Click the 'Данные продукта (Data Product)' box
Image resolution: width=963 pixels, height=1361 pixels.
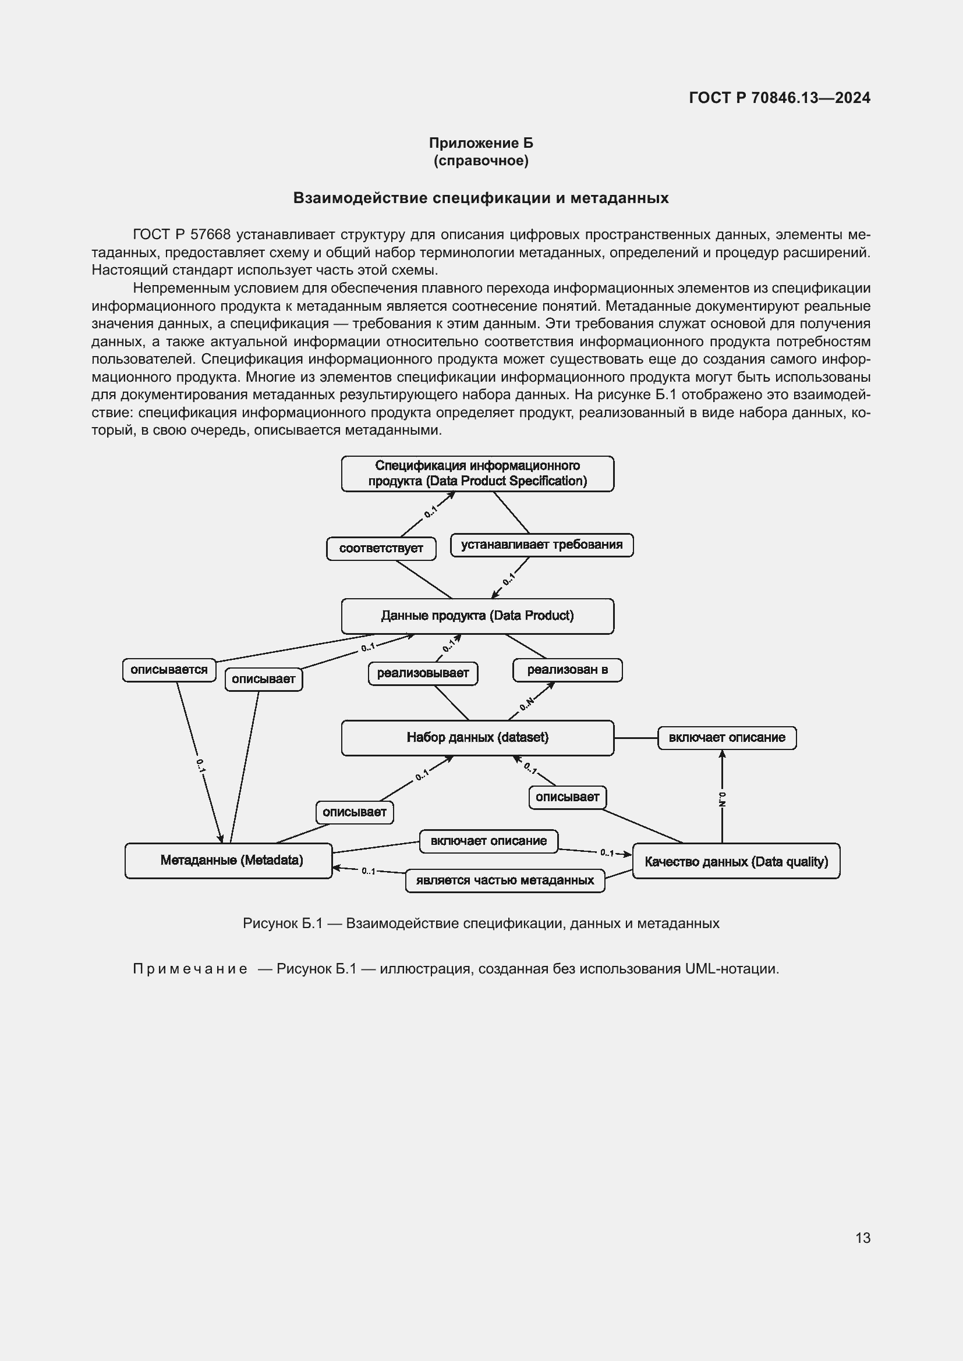(x=477, y=616)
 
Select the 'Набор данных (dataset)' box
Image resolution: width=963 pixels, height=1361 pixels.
(x=477, y=737)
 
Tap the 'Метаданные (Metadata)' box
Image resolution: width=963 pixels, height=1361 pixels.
(x=228, y=860)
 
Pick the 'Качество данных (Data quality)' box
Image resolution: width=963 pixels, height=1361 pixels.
(x=736, y=861)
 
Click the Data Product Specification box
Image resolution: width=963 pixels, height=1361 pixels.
(x=477, y=474)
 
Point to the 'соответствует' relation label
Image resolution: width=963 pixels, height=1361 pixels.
(x=381, y=548)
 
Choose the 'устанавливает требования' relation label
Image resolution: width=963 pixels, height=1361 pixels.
(x=541, y=545)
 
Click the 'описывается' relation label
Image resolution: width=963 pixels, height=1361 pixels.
(x=169, y=670)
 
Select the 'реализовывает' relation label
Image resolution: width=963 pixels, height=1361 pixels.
(x=423, y=673)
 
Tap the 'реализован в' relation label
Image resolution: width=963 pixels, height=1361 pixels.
(x=568, y=670)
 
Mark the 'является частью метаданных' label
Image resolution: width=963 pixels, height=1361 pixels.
(x=505, y=880)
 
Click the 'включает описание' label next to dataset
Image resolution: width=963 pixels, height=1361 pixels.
(x=727, y=737)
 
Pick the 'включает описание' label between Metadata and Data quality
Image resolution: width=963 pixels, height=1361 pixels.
(x=488, y=841)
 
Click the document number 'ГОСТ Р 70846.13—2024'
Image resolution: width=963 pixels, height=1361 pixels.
(x=779, y=98)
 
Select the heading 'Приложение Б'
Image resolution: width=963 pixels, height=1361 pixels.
(x=481, y=143)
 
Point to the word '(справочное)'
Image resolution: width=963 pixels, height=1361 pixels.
(x=481, y=161)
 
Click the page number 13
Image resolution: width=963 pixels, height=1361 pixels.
(x=863, y=1238)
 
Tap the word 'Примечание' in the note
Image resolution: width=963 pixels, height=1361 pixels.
(x=190, y=969)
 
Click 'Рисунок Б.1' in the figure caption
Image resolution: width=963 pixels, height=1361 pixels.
(x=282, y=923)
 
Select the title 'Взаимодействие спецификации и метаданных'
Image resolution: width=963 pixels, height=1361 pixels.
(x=481, y=198)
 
